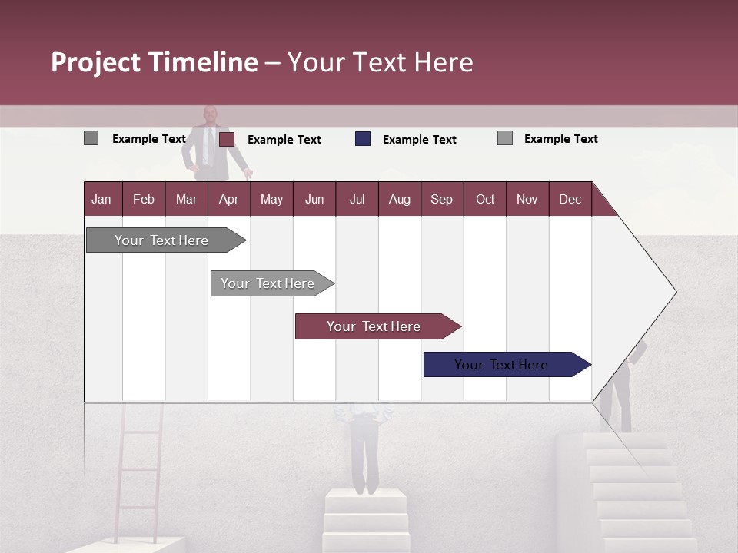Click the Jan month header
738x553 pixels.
coord(101,199)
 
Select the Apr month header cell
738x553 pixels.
coord(228,199)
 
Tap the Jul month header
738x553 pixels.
coord(357,199)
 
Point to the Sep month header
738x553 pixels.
coord(441,199)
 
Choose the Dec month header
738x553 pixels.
coord(570,199)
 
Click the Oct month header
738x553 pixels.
coord(484,199)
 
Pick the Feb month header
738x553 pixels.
coord(144,199)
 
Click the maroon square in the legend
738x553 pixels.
coord(227,139)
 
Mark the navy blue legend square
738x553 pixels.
coord(363,139)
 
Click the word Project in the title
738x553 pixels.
coord(97,62)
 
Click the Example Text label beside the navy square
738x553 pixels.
coord(420,140)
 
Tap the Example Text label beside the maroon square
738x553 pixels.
coord(284,140)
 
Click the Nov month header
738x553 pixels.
coord(527,199)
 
